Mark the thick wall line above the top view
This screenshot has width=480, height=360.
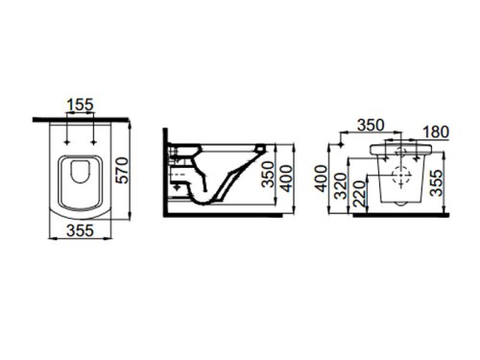coord(82,119)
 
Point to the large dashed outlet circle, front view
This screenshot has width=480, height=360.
coord(401,180)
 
